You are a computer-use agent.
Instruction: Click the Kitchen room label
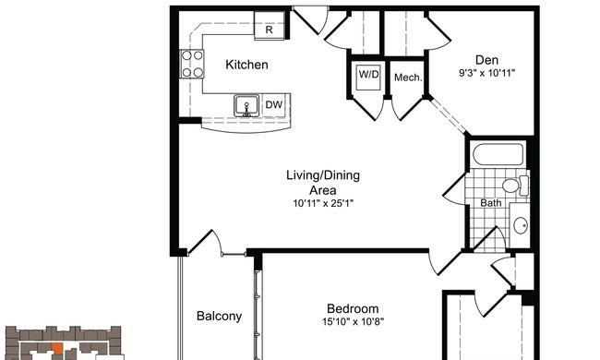coord(246,65)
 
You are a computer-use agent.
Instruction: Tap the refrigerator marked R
coord(270,25)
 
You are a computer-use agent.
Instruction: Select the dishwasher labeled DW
coord(274,104)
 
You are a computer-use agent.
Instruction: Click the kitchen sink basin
coord(246,106)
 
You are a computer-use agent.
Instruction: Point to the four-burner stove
coord(192,64)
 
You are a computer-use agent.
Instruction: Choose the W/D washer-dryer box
coord(368,77)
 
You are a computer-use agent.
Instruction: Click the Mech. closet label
coord(408,78)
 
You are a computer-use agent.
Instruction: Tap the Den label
coord(486,60)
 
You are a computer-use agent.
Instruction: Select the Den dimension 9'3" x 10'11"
coord(486,73)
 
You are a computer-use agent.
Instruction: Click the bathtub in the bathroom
coord(498,155)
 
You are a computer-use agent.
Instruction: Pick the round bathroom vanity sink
coord(521,225)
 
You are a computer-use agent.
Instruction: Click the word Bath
coord(490,203)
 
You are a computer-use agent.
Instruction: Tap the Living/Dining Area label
coord(323,183)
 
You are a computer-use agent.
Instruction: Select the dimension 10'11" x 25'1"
coord(323,203)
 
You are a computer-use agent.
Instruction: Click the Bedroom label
coord(353,308)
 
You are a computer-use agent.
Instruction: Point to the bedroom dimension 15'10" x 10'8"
coord(353,321)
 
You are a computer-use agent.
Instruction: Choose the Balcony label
coord(219,316)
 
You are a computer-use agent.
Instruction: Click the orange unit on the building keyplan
coord(57,349)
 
